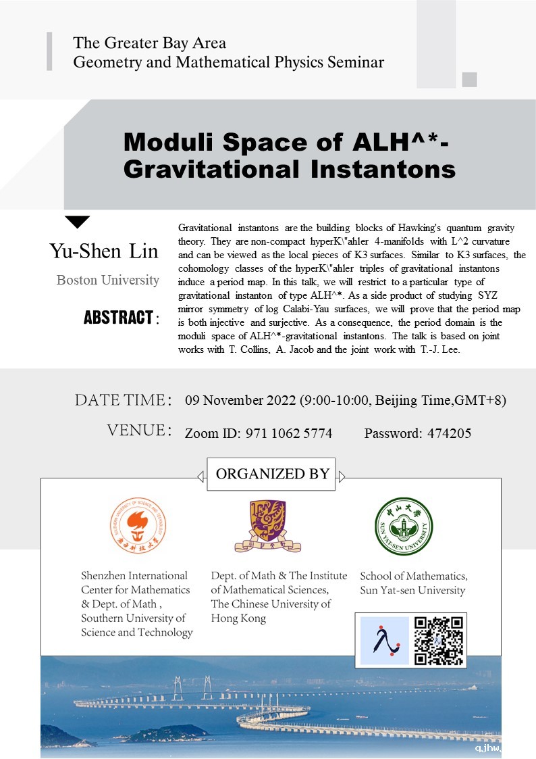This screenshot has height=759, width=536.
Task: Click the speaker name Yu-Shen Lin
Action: (103, 251)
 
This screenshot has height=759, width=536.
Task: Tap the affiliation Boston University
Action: (108, 280)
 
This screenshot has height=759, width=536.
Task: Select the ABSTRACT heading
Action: (119, 317)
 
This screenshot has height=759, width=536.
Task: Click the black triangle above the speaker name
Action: (78, 221)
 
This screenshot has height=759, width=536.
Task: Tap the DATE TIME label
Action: (119, 400)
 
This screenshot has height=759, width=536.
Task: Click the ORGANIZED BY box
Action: (272, 474)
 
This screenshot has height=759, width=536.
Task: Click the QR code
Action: (438, 640)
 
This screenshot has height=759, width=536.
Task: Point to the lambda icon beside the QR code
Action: (384, 640)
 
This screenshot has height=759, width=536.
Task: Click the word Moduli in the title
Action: (173, 143)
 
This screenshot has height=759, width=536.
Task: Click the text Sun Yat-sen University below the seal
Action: (412, 590)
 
